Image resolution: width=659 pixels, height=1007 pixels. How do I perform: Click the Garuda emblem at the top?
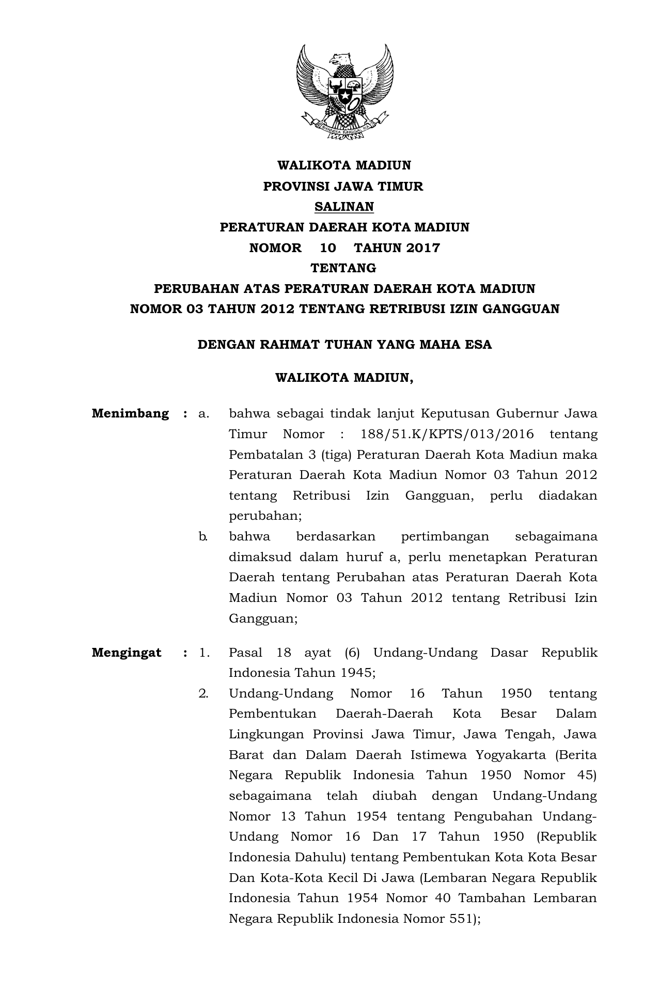[344, 92]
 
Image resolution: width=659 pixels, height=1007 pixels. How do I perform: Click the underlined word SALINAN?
[344, 207]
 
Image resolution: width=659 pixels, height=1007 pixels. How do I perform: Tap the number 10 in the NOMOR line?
[328, 248]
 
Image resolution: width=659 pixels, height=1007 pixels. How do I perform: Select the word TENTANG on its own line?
[343, 268]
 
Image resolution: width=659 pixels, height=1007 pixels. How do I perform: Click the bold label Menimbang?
[130, 414]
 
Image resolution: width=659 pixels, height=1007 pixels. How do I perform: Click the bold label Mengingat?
[127, 653]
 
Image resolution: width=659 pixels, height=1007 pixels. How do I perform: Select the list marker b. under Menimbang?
[203, 536]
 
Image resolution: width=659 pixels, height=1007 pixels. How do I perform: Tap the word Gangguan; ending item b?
[263, 618]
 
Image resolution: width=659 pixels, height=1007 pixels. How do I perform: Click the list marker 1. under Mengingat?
[204, 653]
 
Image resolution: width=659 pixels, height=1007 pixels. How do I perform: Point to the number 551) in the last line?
[465, 919]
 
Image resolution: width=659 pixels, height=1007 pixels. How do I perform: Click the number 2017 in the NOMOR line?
[422, 248]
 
